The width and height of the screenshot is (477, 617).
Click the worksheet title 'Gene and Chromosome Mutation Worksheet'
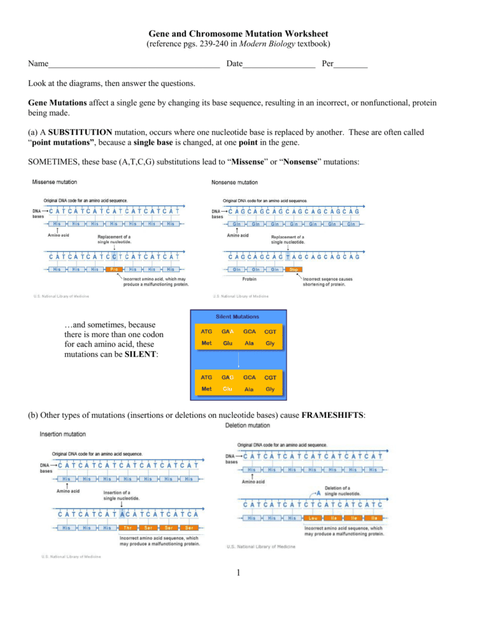[x=238, y=33]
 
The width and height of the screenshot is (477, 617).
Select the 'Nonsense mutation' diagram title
[x=234, y=182]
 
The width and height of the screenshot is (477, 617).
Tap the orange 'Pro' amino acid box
[x=113, y=269]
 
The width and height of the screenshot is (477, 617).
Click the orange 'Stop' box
[x=294, y=269]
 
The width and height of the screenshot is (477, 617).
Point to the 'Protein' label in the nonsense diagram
[x=250, y=279]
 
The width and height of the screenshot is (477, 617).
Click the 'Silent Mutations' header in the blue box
[x=238, y=316]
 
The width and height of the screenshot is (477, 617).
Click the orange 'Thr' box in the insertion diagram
[x=127, y=528]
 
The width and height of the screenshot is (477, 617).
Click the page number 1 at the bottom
[x=238, y=574]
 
